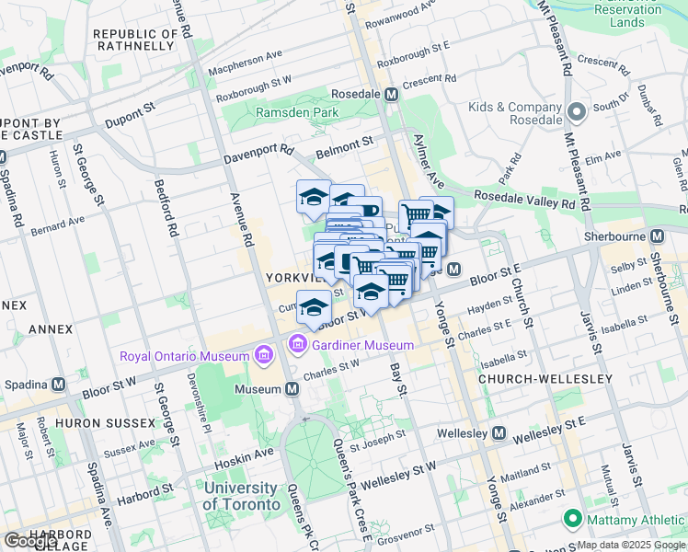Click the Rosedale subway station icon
391,94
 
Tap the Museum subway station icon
292,389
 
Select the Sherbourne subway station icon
656,236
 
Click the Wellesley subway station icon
499,432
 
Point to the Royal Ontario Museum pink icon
263,355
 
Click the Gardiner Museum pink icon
297,345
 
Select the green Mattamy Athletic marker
572,521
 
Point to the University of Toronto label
241,496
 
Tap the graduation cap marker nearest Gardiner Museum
314,307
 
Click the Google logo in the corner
30,541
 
